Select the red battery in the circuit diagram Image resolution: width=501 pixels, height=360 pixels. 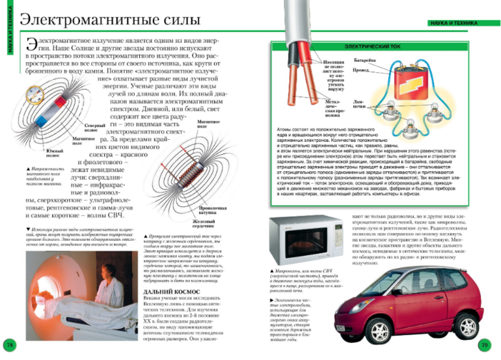click(396, 85)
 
